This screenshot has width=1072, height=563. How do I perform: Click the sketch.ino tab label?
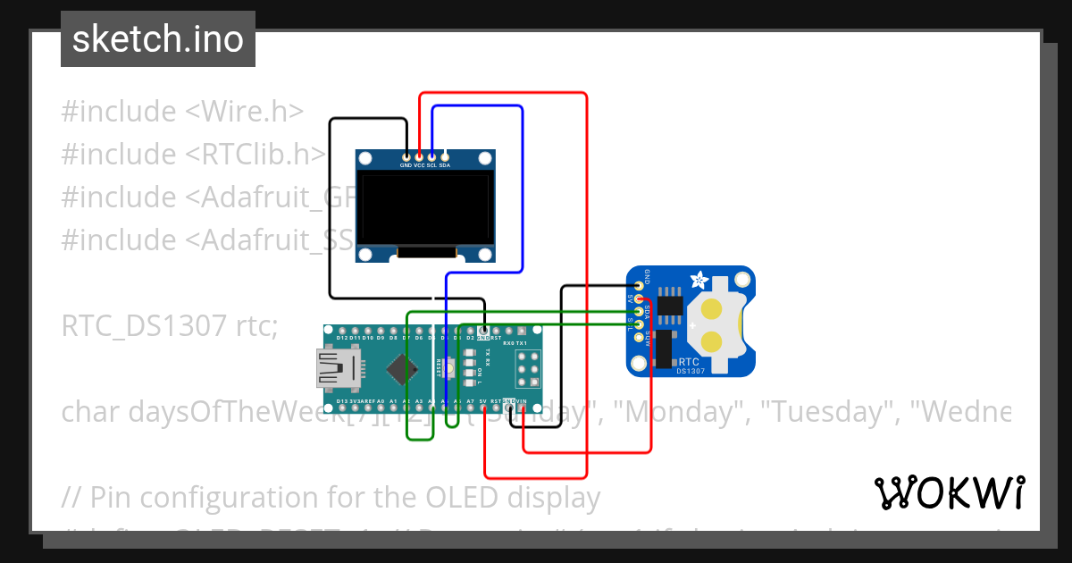click(x=158, y=39)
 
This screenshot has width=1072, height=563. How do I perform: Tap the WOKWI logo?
click(x=949, y=492)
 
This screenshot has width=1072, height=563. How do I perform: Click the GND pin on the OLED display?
click(x=406, y=156)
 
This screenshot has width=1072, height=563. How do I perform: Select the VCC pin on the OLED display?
click(x=419, y=156)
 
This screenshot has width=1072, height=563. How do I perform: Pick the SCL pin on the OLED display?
click(x=431, y=156)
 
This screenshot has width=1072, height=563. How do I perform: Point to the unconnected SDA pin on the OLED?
click(x=445, y=156)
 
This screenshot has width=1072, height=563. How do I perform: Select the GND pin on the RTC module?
click(x=639, y=286)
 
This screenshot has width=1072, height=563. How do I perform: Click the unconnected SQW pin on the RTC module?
click(x=639, y=336)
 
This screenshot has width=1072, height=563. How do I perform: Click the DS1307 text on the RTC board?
click(x=691, y=371)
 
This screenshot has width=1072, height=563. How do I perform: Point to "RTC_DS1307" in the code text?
click(x=144, y=326)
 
